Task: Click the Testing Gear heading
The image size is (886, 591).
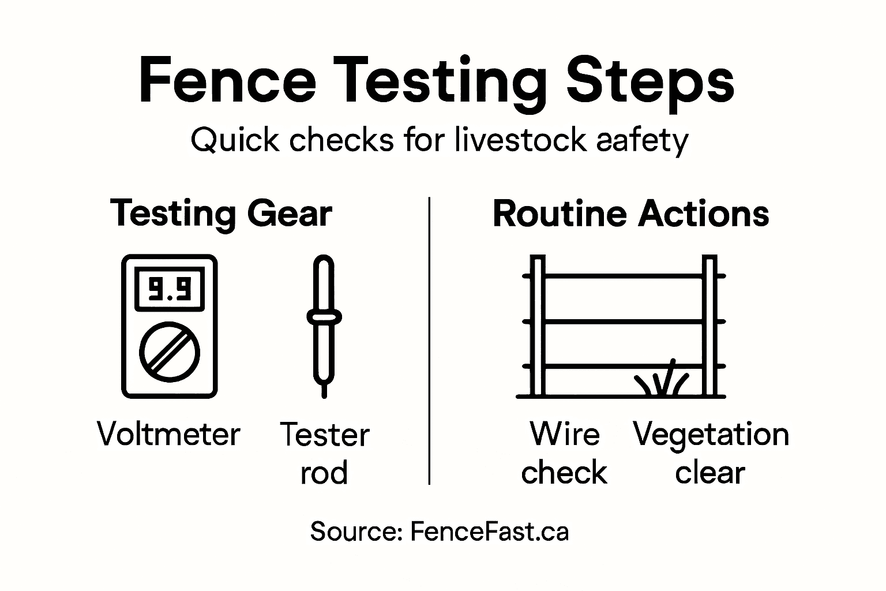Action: (x=221, y=214)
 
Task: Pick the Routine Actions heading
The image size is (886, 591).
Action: (x=630, y=214)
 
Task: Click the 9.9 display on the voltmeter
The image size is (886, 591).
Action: (x=170, y=289)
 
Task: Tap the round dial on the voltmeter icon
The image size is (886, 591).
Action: (x=170, y=351)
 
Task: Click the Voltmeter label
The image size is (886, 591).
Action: (x=168, y=435)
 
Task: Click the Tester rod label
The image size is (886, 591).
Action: (x=324, y=454)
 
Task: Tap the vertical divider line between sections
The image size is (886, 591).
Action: (x=430, y=341)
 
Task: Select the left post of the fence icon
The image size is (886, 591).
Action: (x=538, y=326)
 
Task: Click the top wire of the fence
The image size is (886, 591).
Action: (x=623, y=276)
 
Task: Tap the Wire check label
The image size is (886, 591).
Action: (x=564, y=454)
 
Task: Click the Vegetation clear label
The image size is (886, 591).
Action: (x=711, y=454)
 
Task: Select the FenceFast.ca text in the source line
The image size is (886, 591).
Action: (x=489, y=532)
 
